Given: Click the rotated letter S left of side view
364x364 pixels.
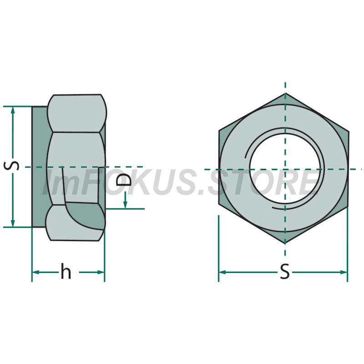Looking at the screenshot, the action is pos(11,166).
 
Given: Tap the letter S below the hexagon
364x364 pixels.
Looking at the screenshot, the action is pos(285,271).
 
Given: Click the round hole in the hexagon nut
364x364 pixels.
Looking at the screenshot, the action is pos(285,168).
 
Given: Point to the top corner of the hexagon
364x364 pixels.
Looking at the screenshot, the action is pos(285,93).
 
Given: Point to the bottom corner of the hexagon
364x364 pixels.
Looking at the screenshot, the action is pos(285,243).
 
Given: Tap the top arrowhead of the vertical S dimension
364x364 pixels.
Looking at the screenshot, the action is pos(13,110).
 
